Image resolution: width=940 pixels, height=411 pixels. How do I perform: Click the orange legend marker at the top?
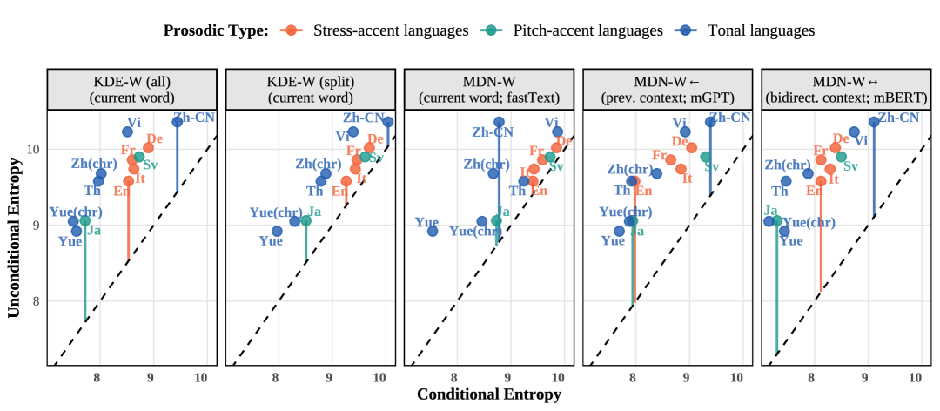(x=291, y=30)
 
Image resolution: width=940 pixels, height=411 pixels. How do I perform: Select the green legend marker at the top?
(x=490, y=30)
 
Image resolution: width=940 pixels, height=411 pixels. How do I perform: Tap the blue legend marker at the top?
(x=685, y=30)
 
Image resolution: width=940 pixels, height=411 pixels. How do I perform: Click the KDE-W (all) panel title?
(x=131, y=90)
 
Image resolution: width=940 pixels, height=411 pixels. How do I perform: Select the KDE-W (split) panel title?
(x=310, y=90)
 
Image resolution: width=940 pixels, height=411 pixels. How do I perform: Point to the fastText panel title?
(x=488, y=90)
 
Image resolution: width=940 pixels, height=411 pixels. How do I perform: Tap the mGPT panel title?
(x=667, y=90)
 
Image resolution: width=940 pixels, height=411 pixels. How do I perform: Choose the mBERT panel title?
(x=846, y=90)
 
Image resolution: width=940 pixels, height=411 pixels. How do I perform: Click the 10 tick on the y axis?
(x=33, y=150)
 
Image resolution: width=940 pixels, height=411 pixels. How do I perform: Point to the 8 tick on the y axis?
(x=37, y=301)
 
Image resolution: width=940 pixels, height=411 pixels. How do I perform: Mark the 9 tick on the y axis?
(x=37, y=226)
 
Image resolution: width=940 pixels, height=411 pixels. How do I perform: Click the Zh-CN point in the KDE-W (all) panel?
(x=178, y=122)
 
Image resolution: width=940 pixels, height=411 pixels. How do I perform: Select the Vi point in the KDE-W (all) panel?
(x=128, y=131)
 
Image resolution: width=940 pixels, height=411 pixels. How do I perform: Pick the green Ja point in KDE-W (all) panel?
(x=85, y=221)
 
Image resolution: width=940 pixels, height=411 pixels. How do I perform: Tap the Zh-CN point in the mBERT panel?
(x=874, y=122)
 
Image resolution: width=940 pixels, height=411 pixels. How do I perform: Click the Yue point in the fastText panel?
(x=433, y=231)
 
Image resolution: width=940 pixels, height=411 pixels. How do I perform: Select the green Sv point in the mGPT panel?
(x=705, y=157)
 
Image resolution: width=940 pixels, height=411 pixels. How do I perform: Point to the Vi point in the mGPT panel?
(x=685, y=131)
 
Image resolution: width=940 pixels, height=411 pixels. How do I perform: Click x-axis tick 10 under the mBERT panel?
(x=915, y=377)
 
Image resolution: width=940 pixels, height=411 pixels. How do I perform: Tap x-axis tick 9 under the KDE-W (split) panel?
(x=329, y=377)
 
